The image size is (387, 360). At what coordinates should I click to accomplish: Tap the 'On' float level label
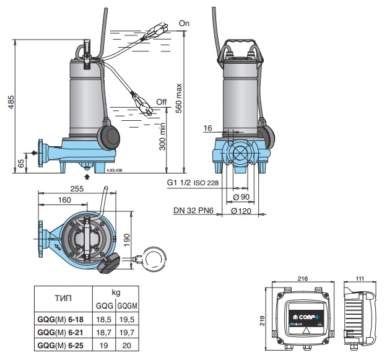(x=184, y=23)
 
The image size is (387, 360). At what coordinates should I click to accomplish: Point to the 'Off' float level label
(x=162, y=102)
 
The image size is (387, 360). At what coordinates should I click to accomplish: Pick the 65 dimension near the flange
(x=21, y=162)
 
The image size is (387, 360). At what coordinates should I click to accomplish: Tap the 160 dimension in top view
(x=64, y=200)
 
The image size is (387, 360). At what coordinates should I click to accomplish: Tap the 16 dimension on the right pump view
(x=207, y=128)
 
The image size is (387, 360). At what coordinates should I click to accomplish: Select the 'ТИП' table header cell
(x=63, y=298)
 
